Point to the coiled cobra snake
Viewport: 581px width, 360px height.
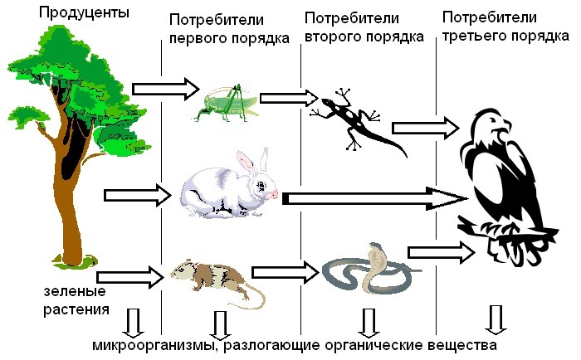click(365, 269)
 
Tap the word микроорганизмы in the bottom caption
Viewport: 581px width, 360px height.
click(154, 344)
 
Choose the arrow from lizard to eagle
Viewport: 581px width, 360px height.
click(424, 128)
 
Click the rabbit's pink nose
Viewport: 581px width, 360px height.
click(275, 193)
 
